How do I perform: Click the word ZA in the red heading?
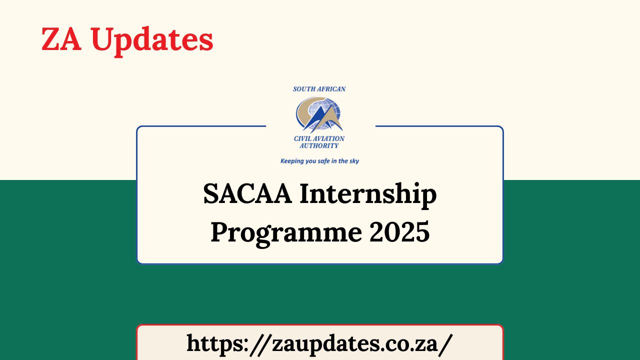point(61,39)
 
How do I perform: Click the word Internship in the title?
point(368,195)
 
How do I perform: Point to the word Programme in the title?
point(285,232)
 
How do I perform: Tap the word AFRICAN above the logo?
point(332,89)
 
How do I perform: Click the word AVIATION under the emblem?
point(329,138)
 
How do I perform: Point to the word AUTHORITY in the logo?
point(319,145)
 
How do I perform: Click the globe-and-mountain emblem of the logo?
point(319,114)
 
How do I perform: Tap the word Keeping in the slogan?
point(292,161)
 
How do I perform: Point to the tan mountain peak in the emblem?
point(332,120)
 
